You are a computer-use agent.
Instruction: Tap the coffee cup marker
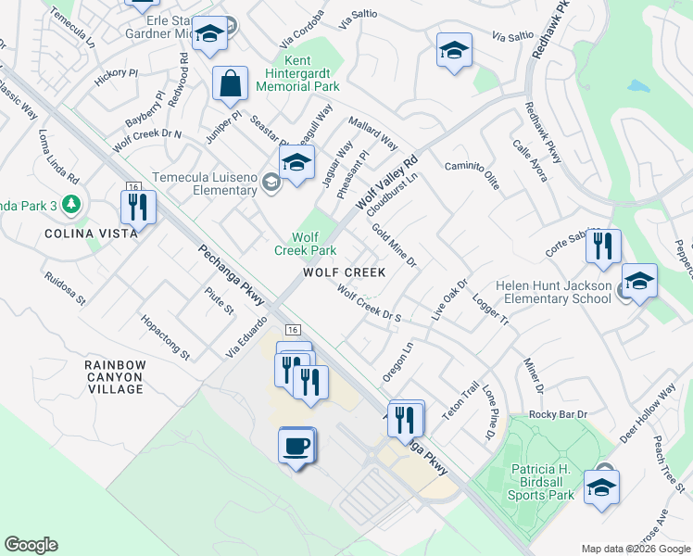[296, 446]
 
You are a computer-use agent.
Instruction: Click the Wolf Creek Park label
[305, 244]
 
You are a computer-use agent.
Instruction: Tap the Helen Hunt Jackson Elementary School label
[553, 292]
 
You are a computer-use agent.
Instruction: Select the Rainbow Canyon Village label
[115, 377]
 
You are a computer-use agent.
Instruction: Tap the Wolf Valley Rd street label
[388, 181]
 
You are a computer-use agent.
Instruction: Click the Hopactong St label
[165, 342]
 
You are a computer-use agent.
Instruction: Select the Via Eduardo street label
[246, 336]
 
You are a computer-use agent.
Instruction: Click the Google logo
[31, 545]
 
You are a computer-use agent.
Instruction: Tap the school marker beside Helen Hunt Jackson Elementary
[639, 282]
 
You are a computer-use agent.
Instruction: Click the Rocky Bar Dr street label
[559, 413]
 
